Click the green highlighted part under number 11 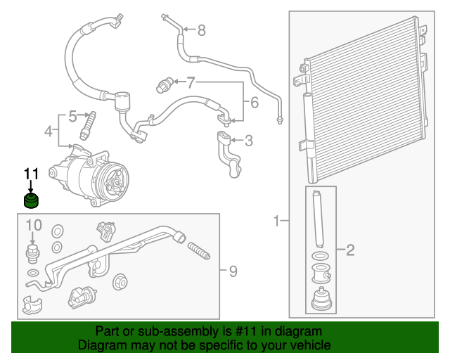30,202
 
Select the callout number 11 31,174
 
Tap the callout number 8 201,30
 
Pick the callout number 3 247,141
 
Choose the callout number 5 72,116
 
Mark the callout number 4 49,131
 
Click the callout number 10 34,225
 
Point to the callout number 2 349,250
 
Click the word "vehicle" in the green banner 309,345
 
